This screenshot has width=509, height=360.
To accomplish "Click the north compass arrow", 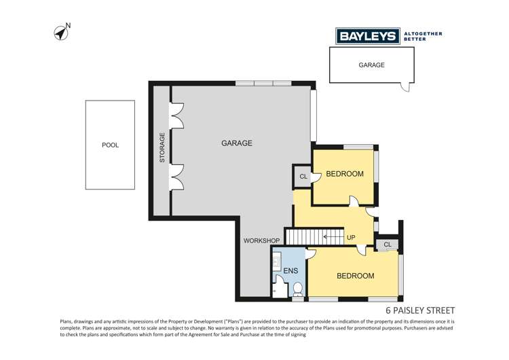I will click(x=61, y=32).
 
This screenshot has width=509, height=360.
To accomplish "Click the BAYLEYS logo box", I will click(x=368, y=36).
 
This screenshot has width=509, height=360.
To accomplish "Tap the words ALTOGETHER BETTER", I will click(x=423, y=36).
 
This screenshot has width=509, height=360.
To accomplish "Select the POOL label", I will click(x=110, y=145).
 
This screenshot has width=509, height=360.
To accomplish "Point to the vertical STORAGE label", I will click(x=162, y=147).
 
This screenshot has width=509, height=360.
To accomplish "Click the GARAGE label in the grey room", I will click(x=237, y=143).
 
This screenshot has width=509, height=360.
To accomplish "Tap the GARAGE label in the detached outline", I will click(x=371, y=65).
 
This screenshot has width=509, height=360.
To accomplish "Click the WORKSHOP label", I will click(x=262, y=241).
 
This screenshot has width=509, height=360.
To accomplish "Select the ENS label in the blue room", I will click(x=290, y=270).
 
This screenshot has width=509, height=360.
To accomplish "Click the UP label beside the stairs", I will click(x=351, y=238).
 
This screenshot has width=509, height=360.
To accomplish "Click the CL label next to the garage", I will click(x=303, y=177).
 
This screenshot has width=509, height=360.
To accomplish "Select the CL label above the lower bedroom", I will click(x=387, y=245).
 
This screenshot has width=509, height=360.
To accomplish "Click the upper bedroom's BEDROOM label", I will click(x=345, y=174).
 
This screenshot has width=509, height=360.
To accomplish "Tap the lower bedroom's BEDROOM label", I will click(x=355, y=276).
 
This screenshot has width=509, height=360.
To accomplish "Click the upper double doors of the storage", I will click(x=177, y=115).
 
